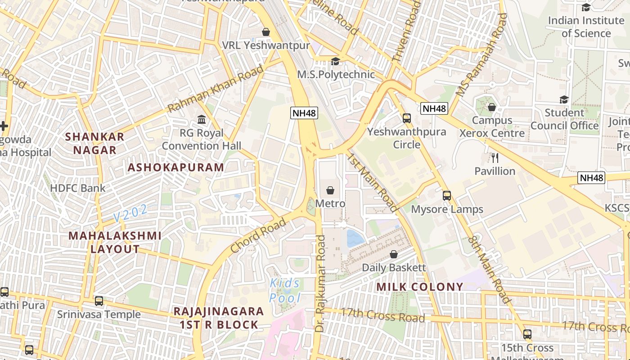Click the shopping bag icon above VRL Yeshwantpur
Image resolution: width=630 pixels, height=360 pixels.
click(266, 32)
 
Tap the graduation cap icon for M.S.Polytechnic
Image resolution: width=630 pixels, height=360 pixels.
click(335, 61)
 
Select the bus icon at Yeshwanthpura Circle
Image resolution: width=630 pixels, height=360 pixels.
click(407, 118)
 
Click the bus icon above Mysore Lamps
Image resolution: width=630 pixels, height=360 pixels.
click(447, 196)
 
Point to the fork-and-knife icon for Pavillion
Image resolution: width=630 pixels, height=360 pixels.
click(495, 157)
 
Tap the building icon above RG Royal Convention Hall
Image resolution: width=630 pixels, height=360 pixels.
click(202, 120)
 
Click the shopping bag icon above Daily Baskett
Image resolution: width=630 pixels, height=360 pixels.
click(394, 254)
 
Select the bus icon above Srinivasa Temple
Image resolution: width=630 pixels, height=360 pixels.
click(99, 301)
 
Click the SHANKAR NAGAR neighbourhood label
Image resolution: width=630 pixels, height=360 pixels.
click(94, 143)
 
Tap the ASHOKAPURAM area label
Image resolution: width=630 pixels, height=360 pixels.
click(175, 168)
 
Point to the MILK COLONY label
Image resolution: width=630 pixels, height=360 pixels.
click(419, 287)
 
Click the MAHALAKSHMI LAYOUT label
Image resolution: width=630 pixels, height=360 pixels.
click(115, 242)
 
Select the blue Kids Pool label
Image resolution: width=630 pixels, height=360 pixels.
click(285, 290)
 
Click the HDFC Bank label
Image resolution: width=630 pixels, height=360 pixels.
click(78, 188)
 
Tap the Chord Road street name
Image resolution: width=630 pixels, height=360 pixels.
click(258, 235)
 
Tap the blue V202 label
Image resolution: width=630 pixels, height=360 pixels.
click(130, 213)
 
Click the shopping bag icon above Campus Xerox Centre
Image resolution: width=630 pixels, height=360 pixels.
click(492, 108)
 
